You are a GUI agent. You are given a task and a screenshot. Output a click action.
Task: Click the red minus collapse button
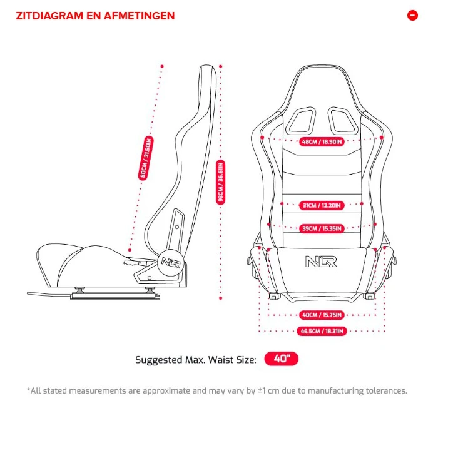point(412,16)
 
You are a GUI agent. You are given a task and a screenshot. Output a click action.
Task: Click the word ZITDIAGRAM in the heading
point(49,16)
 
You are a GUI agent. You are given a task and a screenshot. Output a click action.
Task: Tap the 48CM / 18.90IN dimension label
point(322,142)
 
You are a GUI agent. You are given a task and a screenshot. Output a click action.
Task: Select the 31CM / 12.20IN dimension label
point(322,205)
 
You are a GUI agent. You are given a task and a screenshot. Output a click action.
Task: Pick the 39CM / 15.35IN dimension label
point(322,228)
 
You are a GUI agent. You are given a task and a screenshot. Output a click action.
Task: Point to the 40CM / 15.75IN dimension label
point(322,315)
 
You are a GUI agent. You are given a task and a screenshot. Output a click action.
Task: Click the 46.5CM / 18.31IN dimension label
point(322,331)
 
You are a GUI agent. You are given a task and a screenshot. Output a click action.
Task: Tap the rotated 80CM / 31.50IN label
point(146,158)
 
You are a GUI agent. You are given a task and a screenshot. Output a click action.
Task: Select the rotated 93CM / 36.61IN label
point(221,182)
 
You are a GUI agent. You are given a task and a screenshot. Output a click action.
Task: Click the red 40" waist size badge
point(282,359)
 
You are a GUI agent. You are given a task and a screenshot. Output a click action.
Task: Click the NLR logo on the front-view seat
point(321,262)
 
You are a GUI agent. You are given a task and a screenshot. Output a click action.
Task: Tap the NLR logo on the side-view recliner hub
point(171,262)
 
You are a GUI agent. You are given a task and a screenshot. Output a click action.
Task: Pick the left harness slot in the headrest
point(300,121)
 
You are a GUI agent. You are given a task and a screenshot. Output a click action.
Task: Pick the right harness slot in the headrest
point(342,121)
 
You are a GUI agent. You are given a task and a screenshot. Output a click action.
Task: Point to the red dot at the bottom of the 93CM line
point(221,298)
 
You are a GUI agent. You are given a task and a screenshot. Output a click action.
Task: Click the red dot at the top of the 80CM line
point(162,66)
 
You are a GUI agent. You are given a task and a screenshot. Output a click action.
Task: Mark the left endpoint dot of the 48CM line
point(262,138)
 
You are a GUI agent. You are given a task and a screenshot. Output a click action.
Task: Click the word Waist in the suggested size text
point(218,360)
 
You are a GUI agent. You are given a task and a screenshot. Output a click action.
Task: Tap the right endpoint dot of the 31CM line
point(362,204)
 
